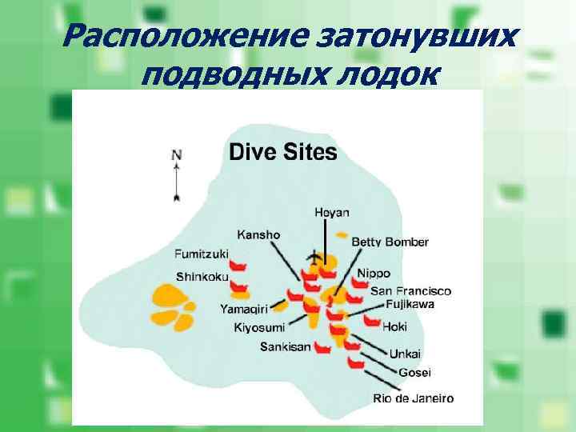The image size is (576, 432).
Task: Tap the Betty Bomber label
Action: [x=390, y=242]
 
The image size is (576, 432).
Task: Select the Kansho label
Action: [x=258, y=234]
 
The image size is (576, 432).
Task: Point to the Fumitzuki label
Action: [x=201, y=254]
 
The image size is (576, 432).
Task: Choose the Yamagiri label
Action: [x=244, y=308]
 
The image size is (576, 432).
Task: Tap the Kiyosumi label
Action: [x=258, y=327]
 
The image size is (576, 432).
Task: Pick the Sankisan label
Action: [x=285, y=347]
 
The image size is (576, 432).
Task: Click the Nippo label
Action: [x=374, y=273]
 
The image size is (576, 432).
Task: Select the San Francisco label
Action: [x=410, y=291]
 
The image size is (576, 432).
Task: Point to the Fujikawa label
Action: [x=410, y=305]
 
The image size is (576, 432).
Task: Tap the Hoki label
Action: [x=395, y=326]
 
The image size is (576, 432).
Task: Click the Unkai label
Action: [x=405, y=354]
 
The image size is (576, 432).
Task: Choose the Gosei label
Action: [x=414, y=372]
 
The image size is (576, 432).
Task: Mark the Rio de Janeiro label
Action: [x=413, y=398]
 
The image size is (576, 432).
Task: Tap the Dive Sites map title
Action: [x=283, y=152]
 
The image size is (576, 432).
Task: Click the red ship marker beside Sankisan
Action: [x=323, y=349]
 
